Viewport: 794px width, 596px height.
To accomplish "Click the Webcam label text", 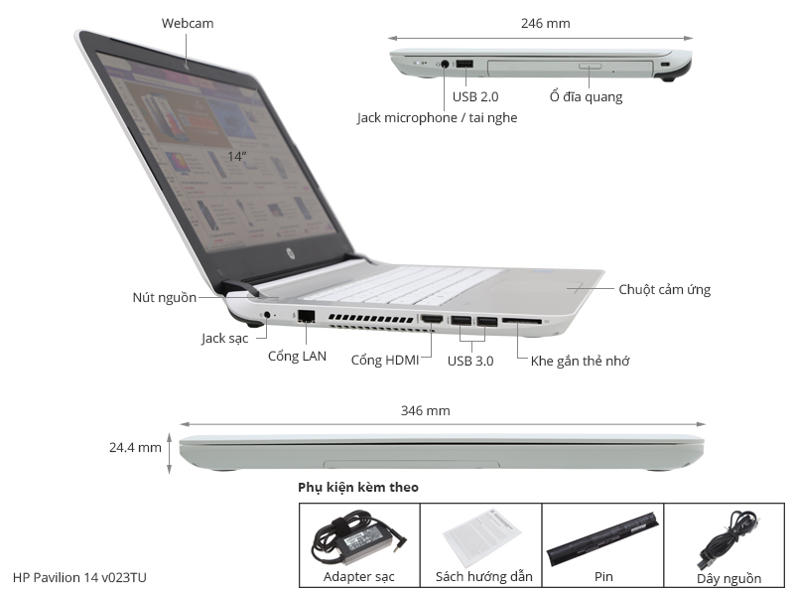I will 188,23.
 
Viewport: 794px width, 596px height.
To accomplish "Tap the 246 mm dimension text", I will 545,23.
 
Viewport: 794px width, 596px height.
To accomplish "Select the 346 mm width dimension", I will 425,409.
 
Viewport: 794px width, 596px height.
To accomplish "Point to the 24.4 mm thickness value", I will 135,448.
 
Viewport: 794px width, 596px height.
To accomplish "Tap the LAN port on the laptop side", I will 306,317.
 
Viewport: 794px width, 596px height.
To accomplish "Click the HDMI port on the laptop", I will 432,321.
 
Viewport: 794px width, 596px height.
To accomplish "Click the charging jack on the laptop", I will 267,316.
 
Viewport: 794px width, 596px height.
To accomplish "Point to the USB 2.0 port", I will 464,66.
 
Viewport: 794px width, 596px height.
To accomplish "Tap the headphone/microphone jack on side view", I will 445,65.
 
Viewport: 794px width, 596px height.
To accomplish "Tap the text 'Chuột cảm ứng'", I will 664,290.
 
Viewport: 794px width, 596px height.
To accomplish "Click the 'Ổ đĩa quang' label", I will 586,97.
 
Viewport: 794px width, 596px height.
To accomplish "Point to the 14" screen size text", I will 236,156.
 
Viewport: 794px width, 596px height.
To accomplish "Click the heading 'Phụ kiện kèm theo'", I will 357,488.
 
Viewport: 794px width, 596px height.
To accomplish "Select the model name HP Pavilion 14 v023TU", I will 82,577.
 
